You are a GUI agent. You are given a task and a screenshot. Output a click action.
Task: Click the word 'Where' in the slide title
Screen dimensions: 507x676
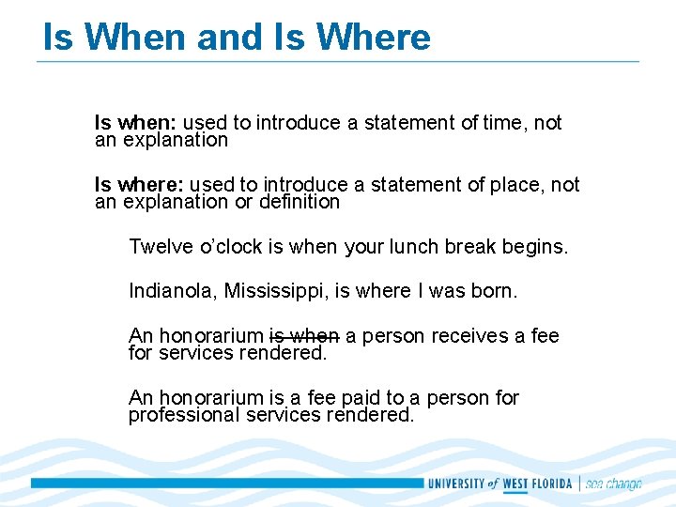374,38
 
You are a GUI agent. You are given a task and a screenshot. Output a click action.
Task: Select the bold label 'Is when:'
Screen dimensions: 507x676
135,123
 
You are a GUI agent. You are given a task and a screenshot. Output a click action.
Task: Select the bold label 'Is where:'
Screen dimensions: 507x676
139,185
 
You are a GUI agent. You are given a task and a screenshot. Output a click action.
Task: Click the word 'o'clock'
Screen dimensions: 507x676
230,247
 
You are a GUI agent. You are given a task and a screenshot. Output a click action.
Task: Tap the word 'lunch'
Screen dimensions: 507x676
415,247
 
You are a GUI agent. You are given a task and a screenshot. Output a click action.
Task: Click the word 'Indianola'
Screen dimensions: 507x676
171,291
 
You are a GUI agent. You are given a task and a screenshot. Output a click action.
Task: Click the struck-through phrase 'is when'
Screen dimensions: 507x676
304,336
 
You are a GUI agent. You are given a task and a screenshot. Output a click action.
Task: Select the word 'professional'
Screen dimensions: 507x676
179,415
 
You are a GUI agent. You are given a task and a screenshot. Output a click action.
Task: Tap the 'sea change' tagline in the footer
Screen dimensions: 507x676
614,484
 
